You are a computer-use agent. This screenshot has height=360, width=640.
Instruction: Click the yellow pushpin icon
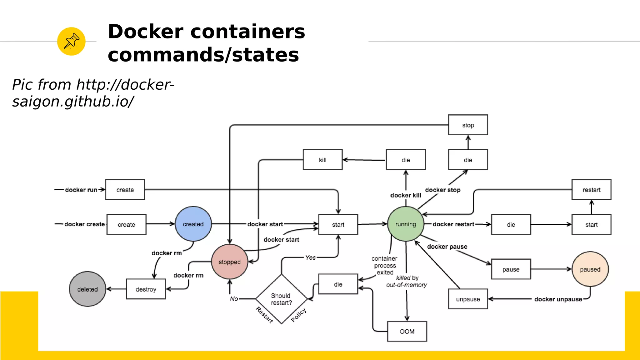tap(71, 41)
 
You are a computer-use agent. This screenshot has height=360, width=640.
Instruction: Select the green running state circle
tap(406, 224)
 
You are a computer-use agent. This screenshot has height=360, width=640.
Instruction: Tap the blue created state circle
tap(193, 224)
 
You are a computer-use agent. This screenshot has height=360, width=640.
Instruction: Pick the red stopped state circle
tap(230, 262)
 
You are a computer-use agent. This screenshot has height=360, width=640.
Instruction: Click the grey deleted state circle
tap(87, 289)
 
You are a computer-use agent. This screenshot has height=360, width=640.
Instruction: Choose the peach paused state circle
tap(590, 269)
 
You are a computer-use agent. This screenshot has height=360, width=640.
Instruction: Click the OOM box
tap(407, 331)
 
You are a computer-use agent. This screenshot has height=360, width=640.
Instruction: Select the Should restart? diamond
tap(281, 299)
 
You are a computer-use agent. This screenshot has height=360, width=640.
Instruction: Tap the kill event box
tap(322, 160)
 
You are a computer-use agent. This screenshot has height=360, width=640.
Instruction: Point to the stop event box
tap(468, 125)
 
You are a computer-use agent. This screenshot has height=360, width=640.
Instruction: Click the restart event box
tap(591, 190)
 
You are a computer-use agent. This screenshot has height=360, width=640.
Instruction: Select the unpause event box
tap(468, 299)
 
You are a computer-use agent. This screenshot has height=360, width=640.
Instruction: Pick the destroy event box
tap(146, 289)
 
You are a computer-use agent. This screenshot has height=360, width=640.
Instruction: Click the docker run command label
tap(81, 190)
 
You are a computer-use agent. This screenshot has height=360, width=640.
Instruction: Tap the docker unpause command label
tap(558, 299)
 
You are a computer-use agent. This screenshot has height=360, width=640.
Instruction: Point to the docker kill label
tap(406, 195)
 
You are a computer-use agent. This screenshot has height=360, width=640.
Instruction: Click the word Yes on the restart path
tap(310, 257)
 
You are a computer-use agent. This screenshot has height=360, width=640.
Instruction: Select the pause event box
tap(511, 269)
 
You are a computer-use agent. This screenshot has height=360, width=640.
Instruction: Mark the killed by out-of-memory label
tap(407, 281)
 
